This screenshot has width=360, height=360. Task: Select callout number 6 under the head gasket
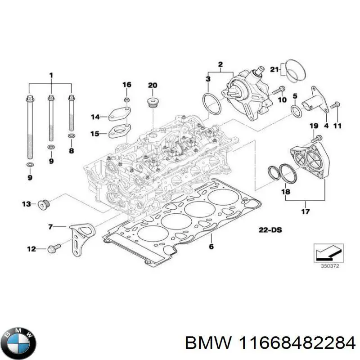[211, 247]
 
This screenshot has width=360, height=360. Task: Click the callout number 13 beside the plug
[27, 204]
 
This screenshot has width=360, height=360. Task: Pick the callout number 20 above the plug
[153, 85]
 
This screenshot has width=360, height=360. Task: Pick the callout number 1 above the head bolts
[51, 74]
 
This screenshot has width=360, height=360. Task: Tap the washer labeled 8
[71, 136]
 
